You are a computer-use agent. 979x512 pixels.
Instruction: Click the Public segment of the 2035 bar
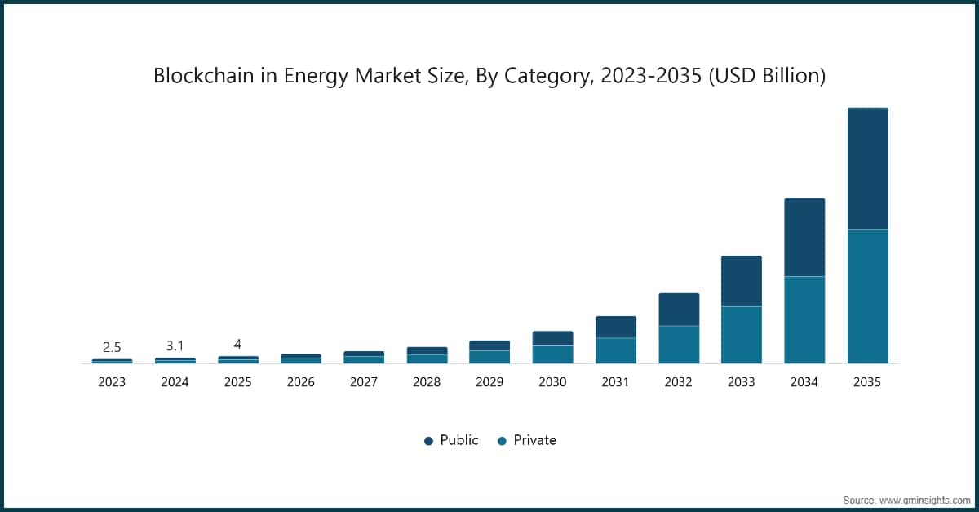(867, 168)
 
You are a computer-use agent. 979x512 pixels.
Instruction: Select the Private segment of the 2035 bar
(867, 296)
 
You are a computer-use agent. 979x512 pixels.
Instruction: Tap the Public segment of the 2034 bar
(804, 237)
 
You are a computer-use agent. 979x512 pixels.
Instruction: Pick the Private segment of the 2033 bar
(741, 335)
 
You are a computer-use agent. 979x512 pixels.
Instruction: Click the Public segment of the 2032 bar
(679, 309)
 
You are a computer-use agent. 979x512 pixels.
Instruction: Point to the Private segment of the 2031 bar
(615, 350)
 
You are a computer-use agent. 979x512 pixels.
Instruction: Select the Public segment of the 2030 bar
(552, 338)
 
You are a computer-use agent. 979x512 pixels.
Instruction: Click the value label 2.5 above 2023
(112, 347)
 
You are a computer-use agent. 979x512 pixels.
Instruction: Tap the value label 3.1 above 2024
(175, 346)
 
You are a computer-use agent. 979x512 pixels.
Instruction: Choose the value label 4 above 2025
(237, 345)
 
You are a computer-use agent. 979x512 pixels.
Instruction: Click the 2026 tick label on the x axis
(300, 382)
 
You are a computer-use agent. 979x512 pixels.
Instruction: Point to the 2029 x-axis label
(489, 382)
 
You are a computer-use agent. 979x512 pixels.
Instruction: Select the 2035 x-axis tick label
(867, 382)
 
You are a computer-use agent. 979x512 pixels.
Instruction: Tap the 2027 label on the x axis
(363, 382)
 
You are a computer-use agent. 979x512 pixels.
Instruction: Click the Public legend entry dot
(428, 441)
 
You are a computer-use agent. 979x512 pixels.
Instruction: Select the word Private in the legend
(534, 440)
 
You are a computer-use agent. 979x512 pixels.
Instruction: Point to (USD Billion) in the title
(766, 77)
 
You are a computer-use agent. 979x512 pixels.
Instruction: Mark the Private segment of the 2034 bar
(804, 319)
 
